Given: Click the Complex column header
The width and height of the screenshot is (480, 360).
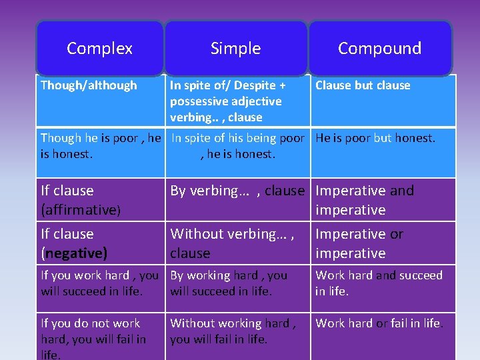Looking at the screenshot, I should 100,48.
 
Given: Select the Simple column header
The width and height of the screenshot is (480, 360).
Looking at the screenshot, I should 235,48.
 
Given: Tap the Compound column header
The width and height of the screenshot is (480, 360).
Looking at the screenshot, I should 379,48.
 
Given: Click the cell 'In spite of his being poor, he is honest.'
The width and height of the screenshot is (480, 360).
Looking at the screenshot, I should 237,146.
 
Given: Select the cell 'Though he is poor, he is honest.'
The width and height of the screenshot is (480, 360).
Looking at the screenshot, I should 101,146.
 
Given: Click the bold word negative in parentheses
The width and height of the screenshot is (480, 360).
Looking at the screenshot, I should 74,253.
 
